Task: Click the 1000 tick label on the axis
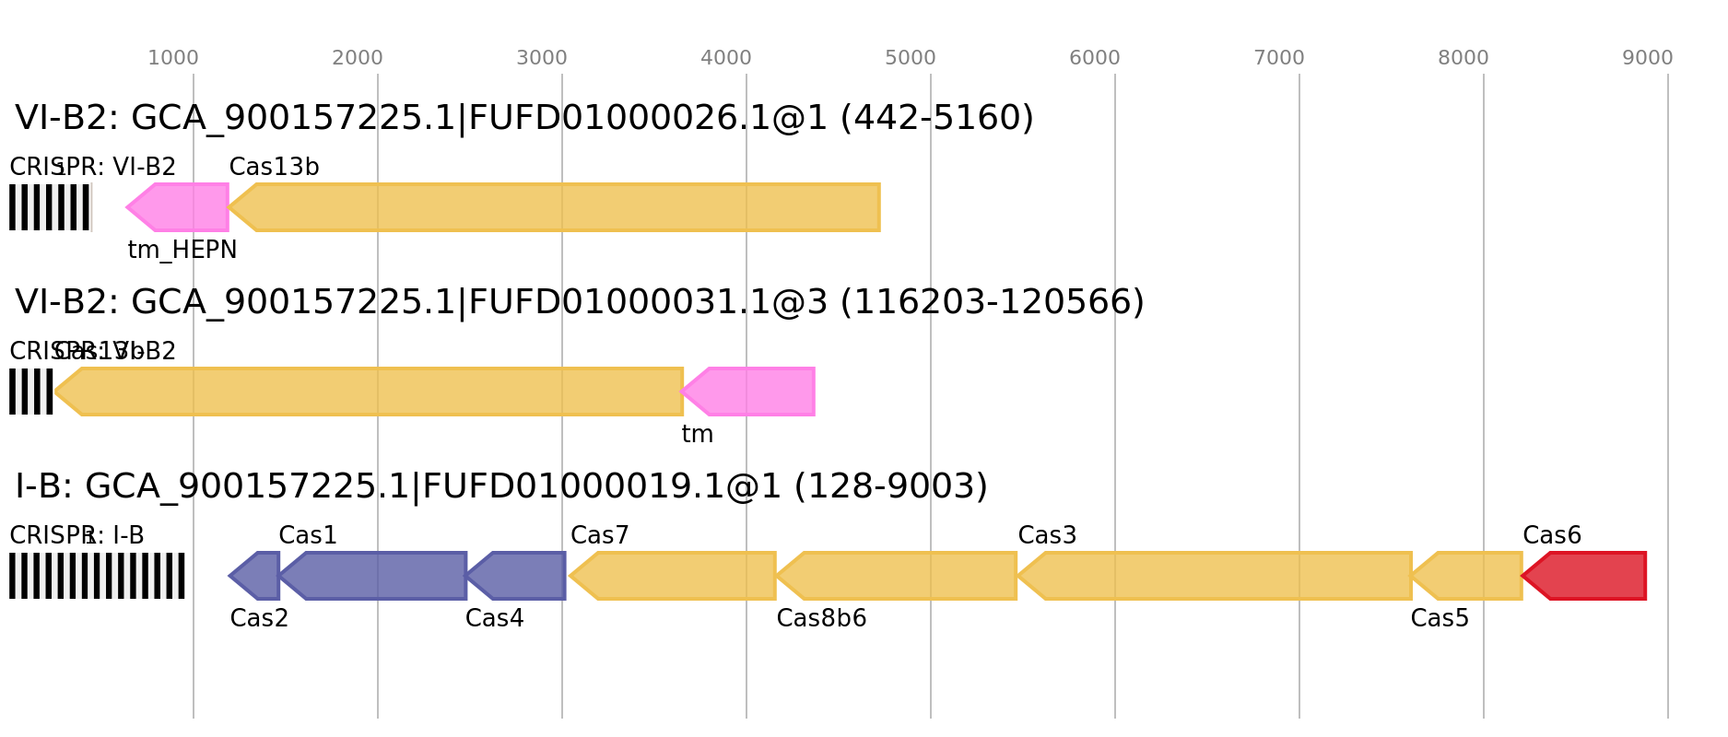click(x=172, y=58)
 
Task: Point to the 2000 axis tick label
click(x=357, y=58)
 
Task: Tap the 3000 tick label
click(x=541, y=58)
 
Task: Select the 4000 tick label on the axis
click(x=725, y=58)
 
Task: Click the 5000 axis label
click(x=910, y=58)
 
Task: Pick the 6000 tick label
click(x=1094, y=58)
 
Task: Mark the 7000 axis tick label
click(x=1278, y=58)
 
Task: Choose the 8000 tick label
click(x=1463, y=58)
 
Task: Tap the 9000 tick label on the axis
click(x=1647, y=58)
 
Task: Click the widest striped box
click(x=97, y=576)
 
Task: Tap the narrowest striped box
click(x=31, y=392)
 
